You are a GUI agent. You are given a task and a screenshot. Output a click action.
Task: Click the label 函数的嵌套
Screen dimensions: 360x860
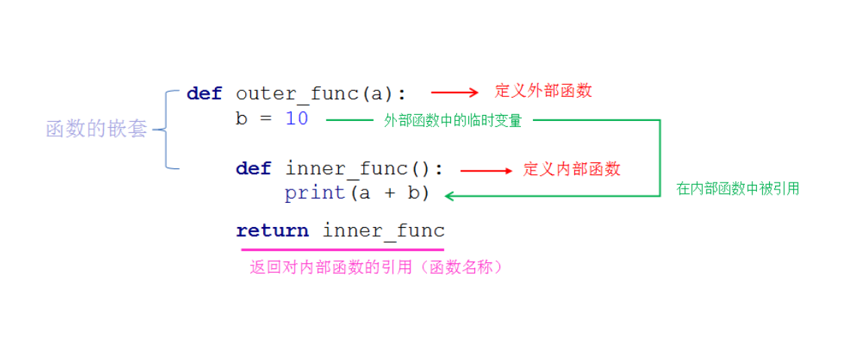(x=96, y=129)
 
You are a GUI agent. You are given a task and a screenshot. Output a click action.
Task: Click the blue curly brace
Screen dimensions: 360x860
(x=166, y=129)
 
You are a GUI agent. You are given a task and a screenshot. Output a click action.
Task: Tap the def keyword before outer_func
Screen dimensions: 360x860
(x=204, y=93)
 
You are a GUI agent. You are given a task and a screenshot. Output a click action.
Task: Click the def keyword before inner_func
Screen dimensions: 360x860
(x=253, y=168)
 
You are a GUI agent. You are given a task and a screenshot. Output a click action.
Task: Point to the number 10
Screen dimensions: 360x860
(x=297, y=119)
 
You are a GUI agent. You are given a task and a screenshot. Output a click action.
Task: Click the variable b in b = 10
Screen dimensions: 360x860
(x=241, y=119)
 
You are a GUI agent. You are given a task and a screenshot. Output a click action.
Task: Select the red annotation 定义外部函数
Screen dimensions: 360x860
(x=543, y=91)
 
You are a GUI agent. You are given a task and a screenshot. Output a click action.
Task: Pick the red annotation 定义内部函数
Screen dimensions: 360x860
(x=572, y=169)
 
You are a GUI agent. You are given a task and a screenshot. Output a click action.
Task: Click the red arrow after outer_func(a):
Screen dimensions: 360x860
(x=455, y=92)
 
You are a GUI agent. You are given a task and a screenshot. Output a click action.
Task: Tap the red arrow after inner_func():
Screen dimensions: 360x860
(x=486, y=171)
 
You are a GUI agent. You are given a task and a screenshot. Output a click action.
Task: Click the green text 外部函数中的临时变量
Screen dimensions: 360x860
(x=453, y=120)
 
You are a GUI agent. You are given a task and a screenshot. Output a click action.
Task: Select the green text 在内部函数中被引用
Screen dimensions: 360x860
(x=737, y=189)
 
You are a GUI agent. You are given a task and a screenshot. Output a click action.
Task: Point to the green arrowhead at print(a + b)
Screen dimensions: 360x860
(x=450, y=195)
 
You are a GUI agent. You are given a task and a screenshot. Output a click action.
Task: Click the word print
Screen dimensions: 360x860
(x=314, y=193)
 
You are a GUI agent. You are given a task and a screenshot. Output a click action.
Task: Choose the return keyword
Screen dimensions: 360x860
(x=272, y=231)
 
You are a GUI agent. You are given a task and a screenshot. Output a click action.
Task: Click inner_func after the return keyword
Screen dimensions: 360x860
(x=383, y=231)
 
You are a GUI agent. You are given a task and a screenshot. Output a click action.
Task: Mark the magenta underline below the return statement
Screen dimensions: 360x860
(x=341, y=249)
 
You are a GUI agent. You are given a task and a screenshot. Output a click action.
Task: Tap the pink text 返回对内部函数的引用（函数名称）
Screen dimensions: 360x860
(x=376, y=267)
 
